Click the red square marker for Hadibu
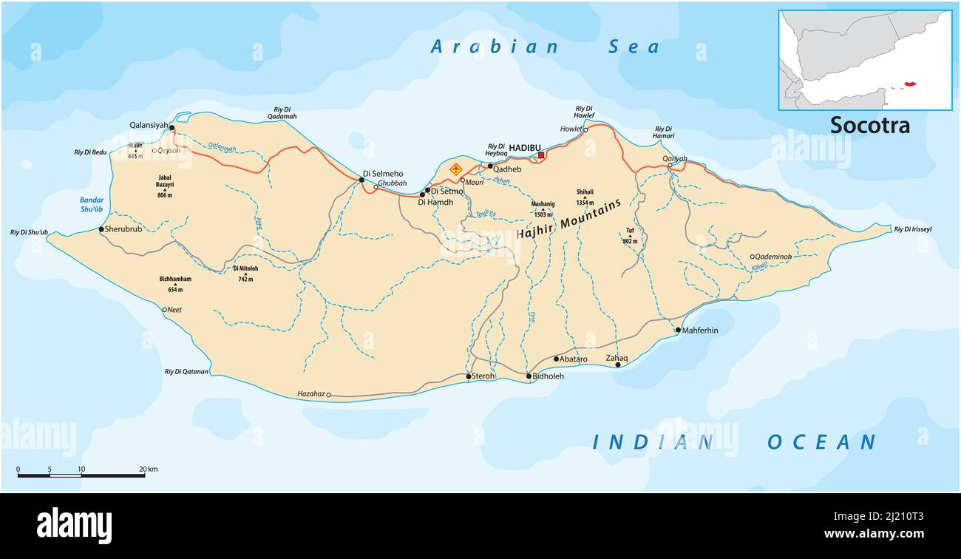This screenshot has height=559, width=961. (541, 155)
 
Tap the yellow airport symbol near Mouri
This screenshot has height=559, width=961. (456, 169)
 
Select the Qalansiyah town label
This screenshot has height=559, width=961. (149, 125)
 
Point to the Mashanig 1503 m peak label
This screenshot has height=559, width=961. (543, 208)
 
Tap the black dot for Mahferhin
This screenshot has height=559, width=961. (678, 331)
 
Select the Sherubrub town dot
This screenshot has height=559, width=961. (101, 229)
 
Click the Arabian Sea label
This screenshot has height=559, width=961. (546, 47)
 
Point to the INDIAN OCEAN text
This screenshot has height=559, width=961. (734, 442)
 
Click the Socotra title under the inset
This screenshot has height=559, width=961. (869, 125)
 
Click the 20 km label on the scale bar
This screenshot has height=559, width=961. (148, 469)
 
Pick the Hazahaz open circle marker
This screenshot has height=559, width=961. (329, 395)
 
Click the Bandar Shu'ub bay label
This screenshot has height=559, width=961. (92, 205)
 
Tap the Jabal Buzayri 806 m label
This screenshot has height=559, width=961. (164, 186)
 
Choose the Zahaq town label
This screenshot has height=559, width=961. (617, 358)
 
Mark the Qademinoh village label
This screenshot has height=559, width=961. (773, 257)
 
